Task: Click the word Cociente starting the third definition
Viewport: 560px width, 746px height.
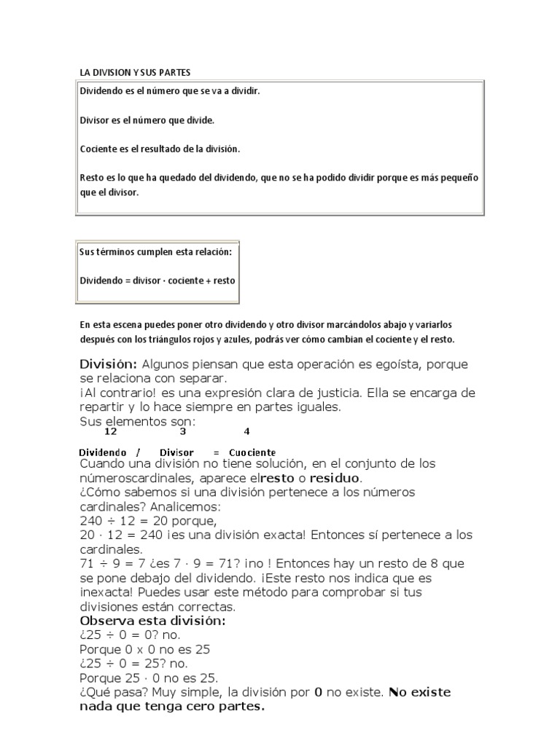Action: pos(96,149)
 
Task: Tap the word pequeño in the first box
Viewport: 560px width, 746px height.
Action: pos(463,178)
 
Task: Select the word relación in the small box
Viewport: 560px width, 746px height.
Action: pos(211,252)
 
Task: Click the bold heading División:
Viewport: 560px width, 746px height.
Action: pos(108,364)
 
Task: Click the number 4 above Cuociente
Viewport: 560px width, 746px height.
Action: pos(246,431)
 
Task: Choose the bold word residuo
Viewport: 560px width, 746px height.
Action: pos(335,478)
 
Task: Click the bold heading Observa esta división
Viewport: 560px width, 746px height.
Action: pos(152,621)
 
